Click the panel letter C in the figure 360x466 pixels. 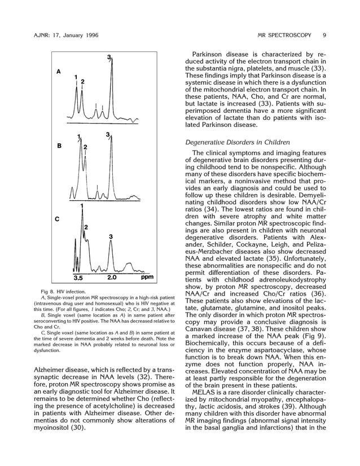[57, 219]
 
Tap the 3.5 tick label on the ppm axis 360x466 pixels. [78, 278]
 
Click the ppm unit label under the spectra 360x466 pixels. [147, 278]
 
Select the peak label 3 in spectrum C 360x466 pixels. [111, 236]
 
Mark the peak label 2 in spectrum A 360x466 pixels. [82, 82]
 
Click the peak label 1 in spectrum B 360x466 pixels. [79, 137]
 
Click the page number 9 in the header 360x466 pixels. [324, 36]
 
